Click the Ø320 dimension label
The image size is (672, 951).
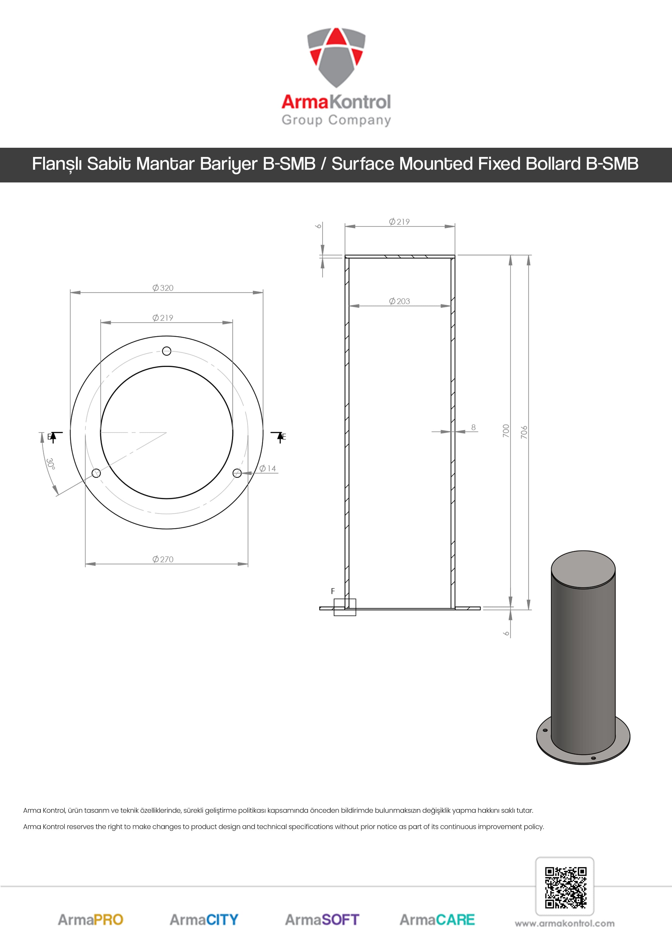[x=163, y=288]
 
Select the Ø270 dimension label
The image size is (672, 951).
[x=163, y=559]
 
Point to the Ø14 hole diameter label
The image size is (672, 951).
[x=267, y=468]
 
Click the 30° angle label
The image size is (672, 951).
[x=50, y=464]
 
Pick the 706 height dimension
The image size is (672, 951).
[x=524, y=432]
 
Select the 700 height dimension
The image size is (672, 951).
[x=506, y=431]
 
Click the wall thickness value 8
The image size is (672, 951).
[x=473, y=427]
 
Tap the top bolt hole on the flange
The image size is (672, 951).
[x=166, y=351]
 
